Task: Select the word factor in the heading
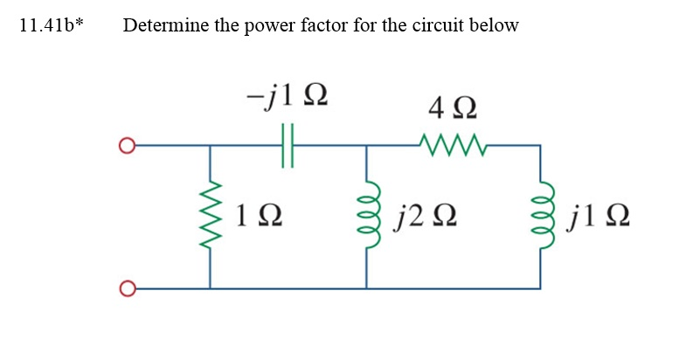tap(330, 24)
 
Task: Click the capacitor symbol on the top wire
tap(288, 145)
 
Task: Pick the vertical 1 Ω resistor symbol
tap(210, 215)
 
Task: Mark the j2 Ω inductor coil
tap(368, 215)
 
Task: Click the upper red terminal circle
tap(128, 145)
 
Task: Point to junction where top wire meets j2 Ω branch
tap(366, 145)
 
